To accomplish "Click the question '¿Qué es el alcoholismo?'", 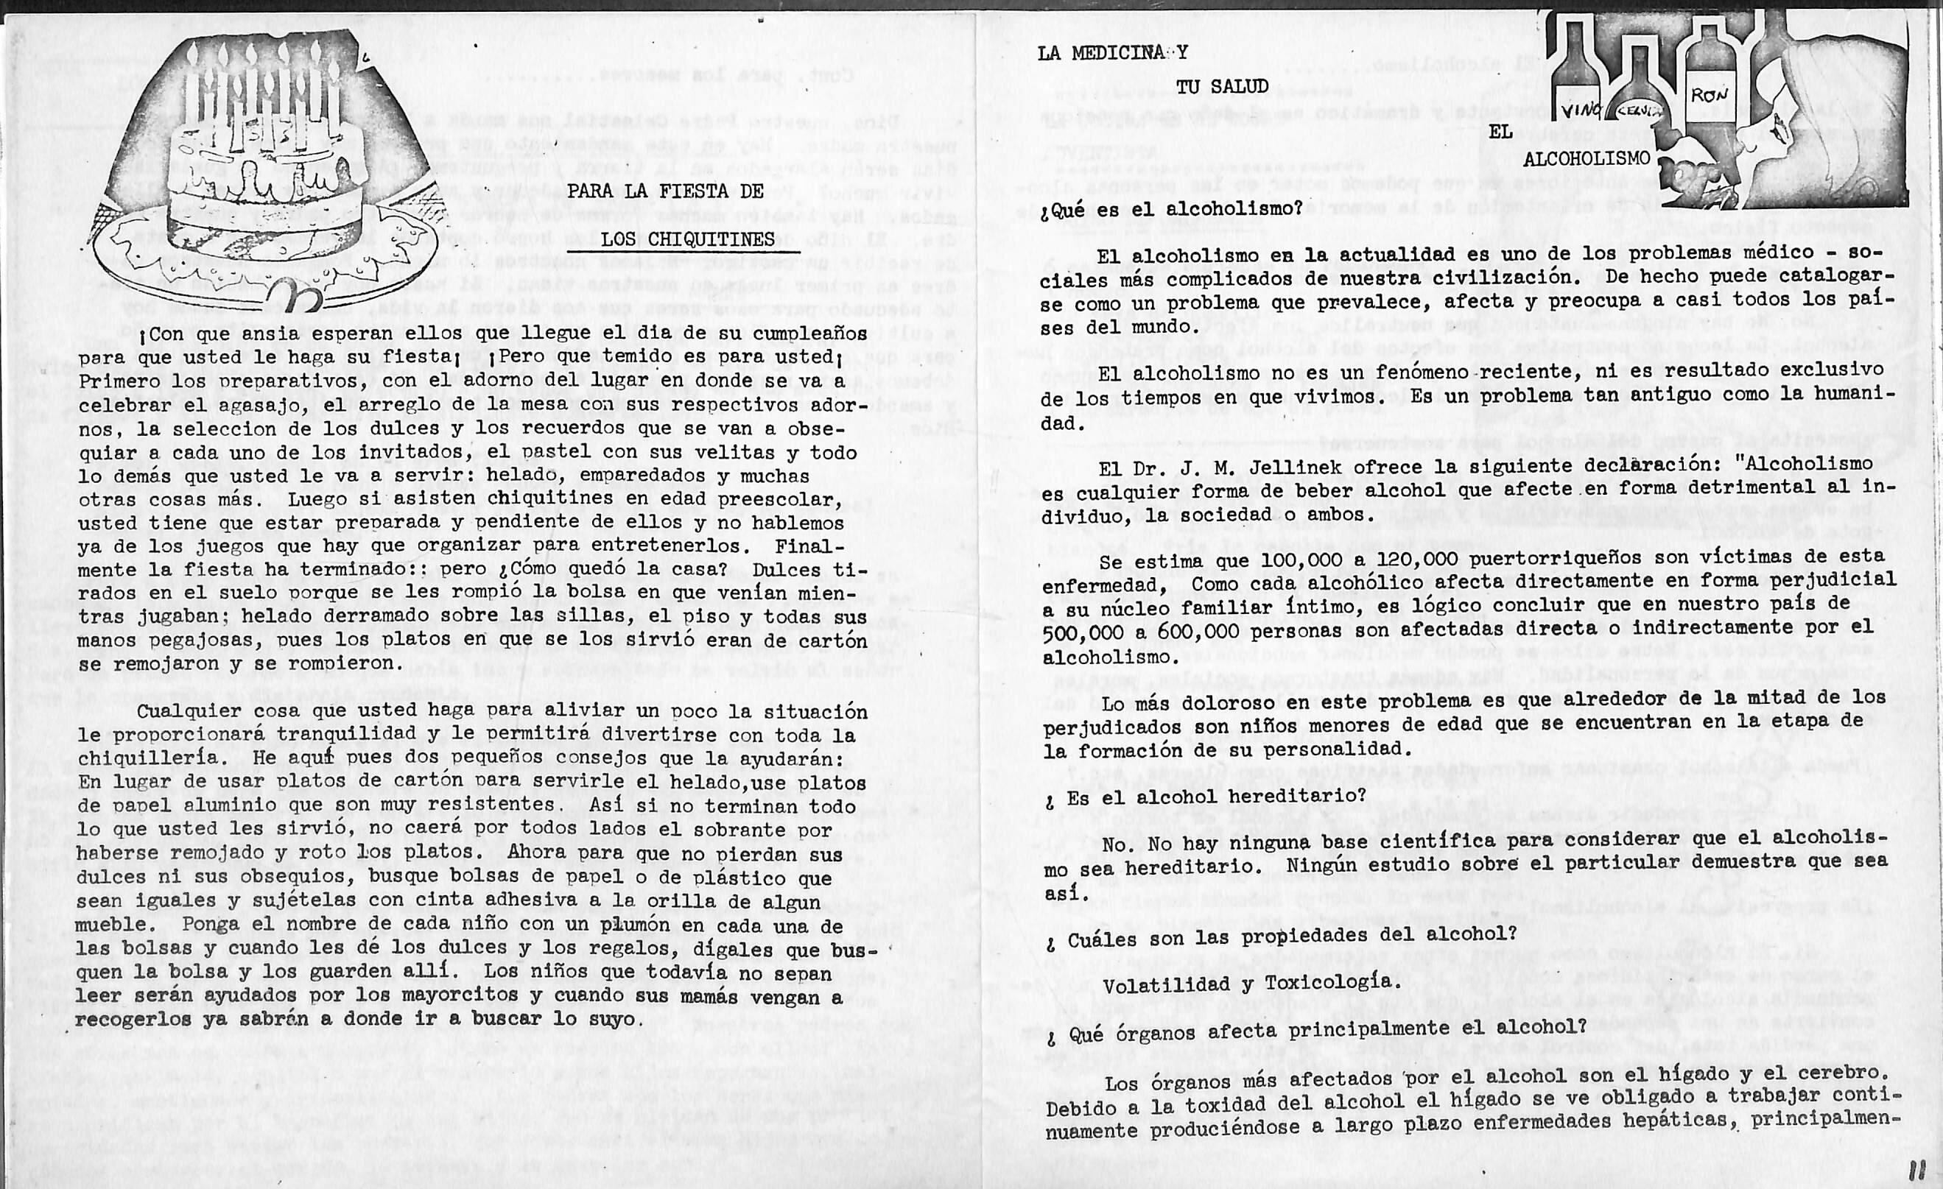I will pos(1171,209).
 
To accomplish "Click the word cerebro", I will pos(1838,1073).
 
